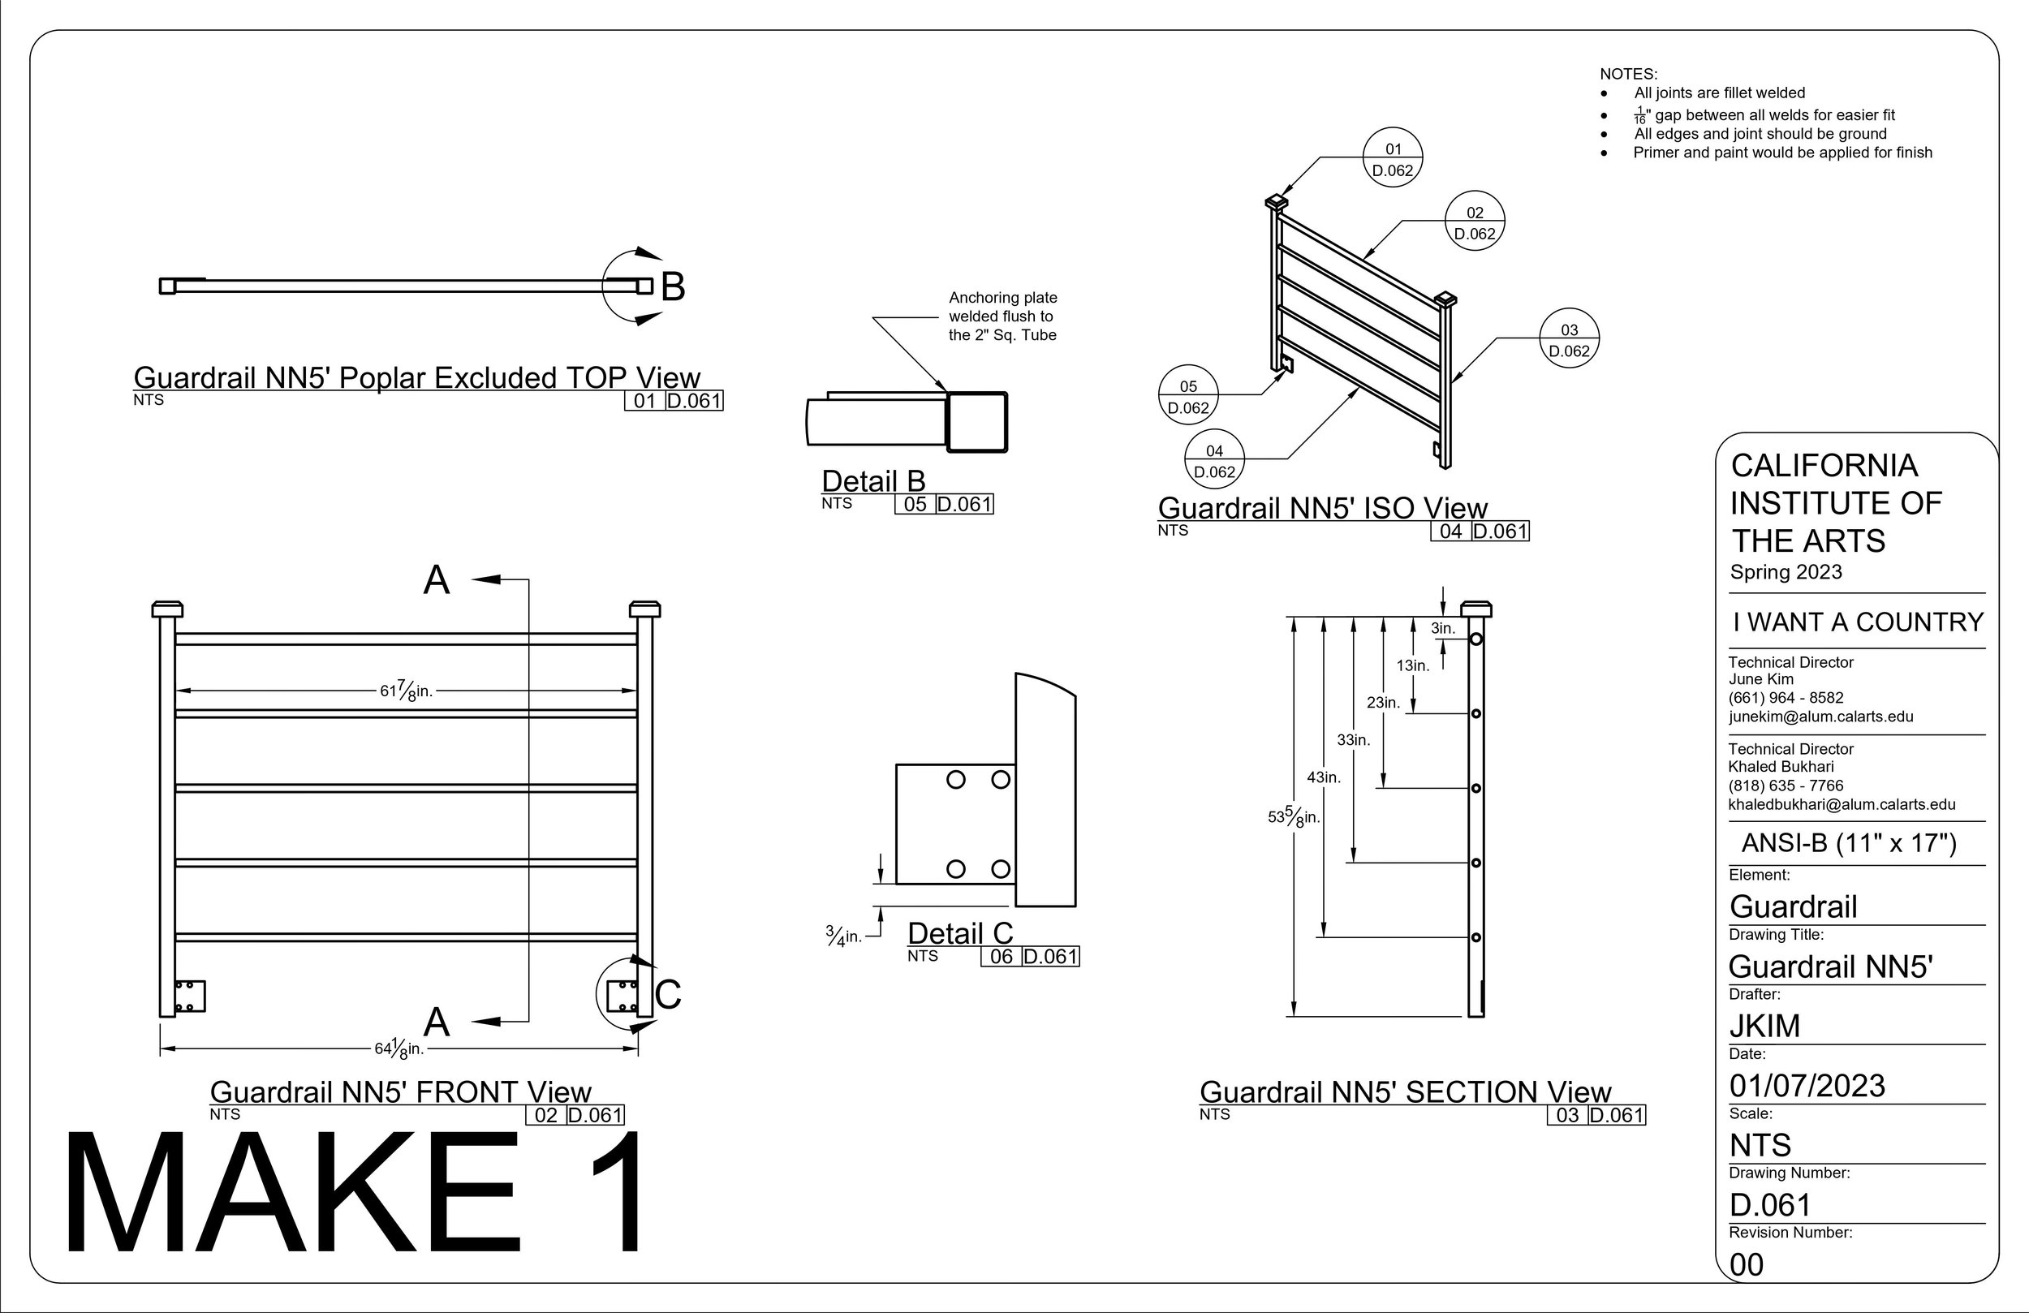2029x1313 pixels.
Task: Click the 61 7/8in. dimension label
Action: tap(406, 691)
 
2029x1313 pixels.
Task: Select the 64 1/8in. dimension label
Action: tap(399, 1048)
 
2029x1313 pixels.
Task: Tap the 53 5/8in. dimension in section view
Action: tap(1293, 817)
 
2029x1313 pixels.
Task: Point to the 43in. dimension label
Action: tap(1324, 777)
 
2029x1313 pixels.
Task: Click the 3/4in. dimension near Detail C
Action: tap(844, 937)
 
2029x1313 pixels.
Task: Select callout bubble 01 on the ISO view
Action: tap(1393, 159)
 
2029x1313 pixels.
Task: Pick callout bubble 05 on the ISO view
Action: tap(1188, 398)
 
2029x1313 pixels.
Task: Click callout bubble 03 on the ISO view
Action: tap(1570, 340)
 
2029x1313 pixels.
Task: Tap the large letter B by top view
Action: tap(673, 286)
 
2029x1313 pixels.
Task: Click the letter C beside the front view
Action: tap(669, 994)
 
